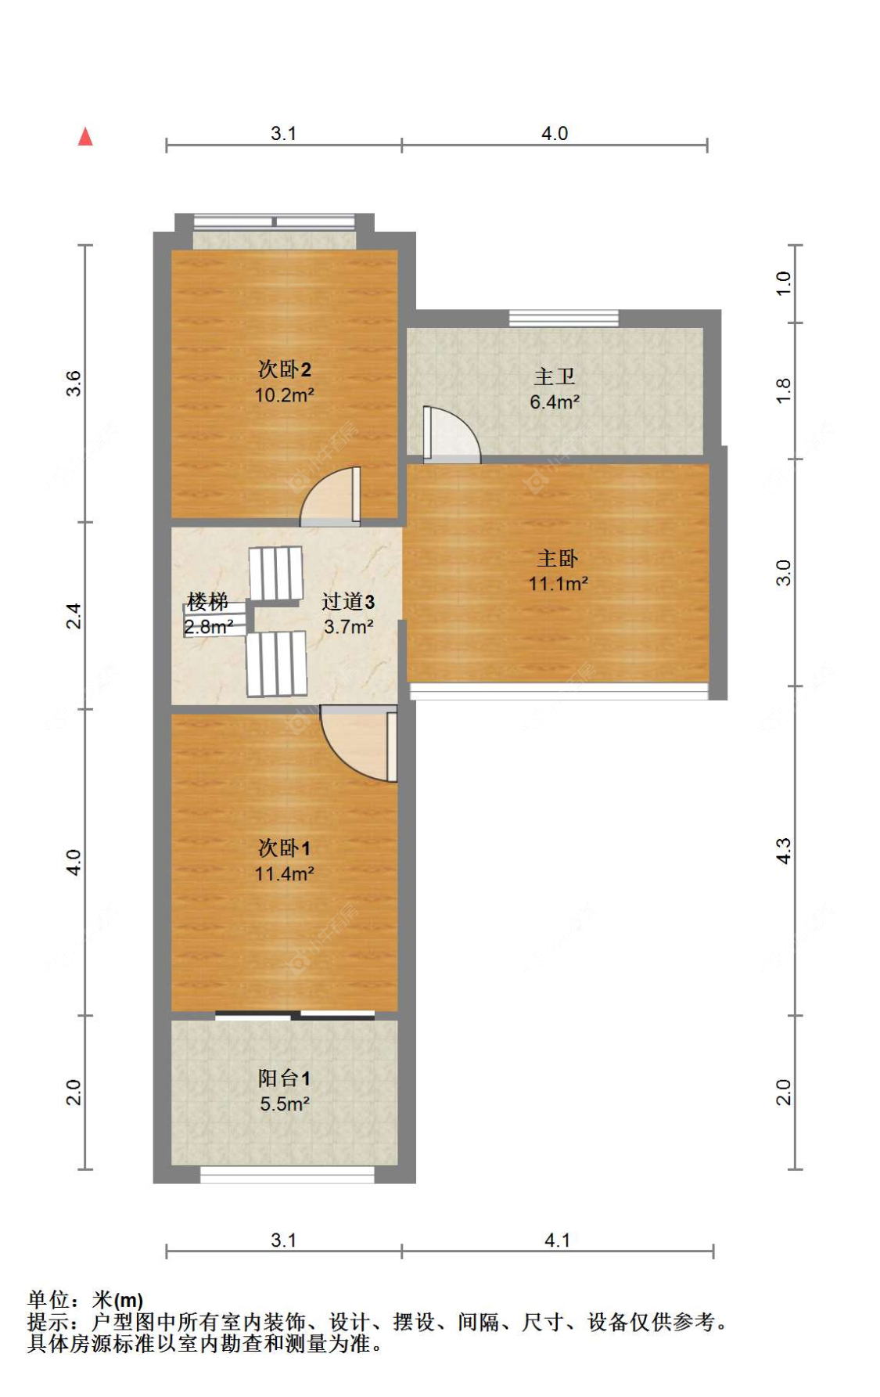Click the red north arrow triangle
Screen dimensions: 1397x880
coord(85,137)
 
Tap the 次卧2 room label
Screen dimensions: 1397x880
coord(284,369)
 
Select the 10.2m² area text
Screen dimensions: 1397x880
coord(284,395)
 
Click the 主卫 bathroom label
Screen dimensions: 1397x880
coord(554,377)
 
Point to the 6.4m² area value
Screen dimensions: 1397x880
coord(554,402)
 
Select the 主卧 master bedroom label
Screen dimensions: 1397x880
coord(557,559)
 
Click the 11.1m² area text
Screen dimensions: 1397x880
coord(557,584)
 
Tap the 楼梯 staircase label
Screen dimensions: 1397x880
coord(207,602)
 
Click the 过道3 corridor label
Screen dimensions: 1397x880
coord(348,602)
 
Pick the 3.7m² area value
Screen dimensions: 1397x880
coord(348,627)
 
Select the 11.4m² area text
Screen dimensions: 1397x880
coord(284,874)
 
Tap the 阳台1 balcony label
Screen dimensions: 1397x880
coord(284,1078)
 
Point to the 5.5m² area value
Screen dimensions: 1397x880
coord(284,1104)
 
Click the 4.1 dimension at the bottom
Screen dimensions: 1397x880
coord(557,1240)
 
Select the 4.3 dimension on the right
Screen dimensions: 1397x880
coord(783,851)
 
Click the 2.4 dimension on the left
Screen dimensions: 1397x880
coord(73,616)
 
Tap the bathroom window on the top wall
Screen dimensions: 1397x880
coord(563,318)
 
